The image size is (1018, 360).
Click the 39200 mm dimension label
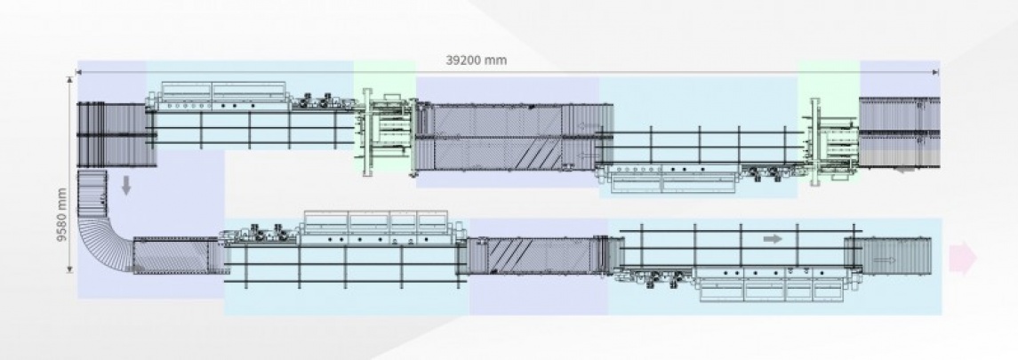click(476, 60)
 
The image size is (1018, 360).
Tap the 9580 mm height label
click(61, 215)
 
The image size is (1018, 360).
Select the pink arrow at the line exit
click(963, 258)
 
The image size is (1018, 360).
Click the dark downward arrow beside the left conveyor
click(126, 186)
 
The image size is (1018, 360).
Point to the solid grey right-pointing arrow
click(773, 239)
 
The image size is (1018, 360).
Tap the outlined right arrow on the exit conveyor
click(885, 260)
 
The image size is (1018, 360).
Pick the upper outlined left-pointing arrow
click(589, 126)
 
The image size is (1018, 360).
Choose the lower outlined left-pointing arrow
click(589, 156)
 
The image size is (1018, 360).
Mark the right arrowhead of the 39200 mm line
click(936, 73)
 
